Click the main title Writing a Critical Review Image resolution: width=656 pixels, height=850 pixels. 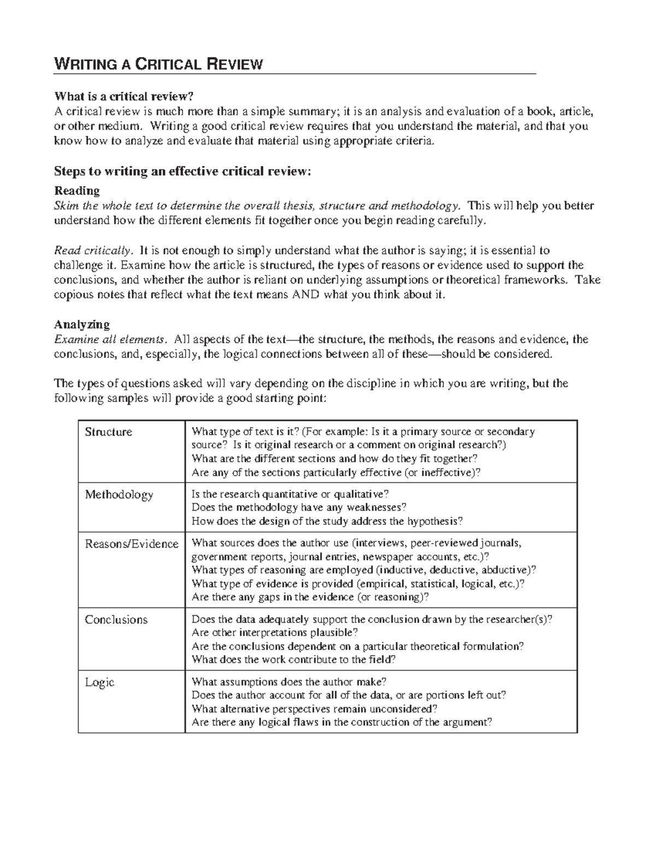click(x=158, y=65)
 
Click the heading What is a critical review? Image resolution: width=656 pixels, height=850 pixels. click(x=124, y=97)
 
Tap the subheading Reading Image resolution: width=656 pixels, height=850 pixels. click(x=77, y=191)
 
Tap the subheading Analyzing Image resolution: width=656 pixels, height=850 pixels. click(x=81, y=324)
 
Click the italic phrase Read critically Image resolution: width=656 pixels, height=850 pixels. click(x=93, y=251)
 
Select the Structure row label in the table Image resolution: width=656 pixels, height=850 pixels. click(x=108, y=432)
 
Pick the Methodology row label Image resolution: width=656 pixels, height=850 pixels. click(x=119, y=495)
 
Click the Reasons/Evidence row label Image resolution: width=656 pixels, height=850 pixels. click(x=131, y=543)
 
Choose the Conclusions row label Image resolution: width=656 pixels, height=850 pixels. click(x=116, y=620)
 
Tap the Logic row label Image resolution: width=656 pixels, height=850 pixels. click(x=99, y=683)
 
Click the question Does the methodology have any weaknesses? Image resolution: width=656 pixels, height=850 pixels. click(x=299, y=507)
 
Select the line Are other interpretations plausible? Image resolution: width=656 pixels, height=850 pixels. click(x=275, y=633)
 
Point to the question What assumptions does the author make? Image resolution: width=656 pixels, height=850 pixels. click(x=289, y=682)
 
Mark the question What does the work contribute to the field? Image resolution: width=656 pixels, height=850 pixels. click(x=293, y=660)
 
